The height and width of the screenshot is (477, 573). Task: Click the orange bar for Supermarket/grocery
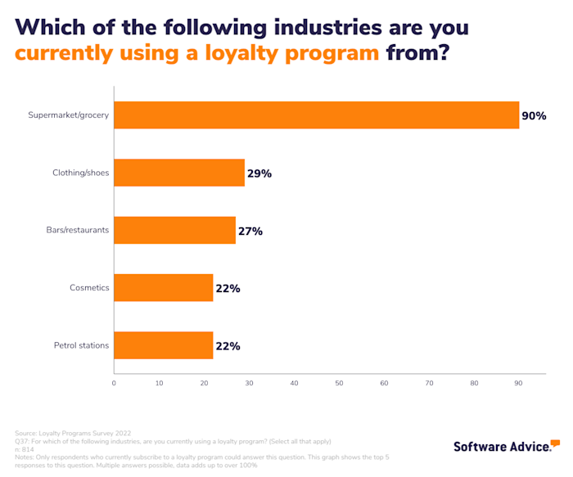coord(316,115)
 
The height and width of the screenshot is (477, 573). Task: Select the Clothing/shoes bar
coord(179,173)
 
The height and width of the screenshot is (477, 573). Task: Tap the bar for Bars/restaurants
coord(174,231)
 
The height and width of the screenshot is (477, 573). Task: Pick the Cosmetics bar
coord(164,288)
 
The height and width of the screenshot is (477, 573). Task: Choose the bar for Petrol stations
coord(164,345)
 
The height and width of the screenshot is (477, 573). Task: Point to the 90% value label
coord(534,116)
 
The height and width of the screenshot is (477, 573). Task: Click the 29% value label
coord(259,173)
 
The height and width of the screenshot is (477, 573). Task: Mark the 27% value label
coord(250,232)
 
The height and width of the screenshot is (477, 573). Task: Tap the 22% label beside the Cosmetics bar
coord(228,289)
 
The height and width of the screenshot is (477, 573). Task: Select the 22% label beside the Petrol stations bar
coord(228,346)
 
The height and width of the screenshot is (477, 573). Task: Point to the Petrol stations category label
coord(81,345)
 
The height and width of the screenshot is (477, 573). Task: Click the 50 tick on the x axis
coord(339,383)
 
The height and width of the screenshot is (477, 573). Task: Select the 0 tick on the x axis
coord(114,383)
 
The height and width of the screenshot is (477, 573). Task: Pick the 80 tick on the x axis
coord(474,383)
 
